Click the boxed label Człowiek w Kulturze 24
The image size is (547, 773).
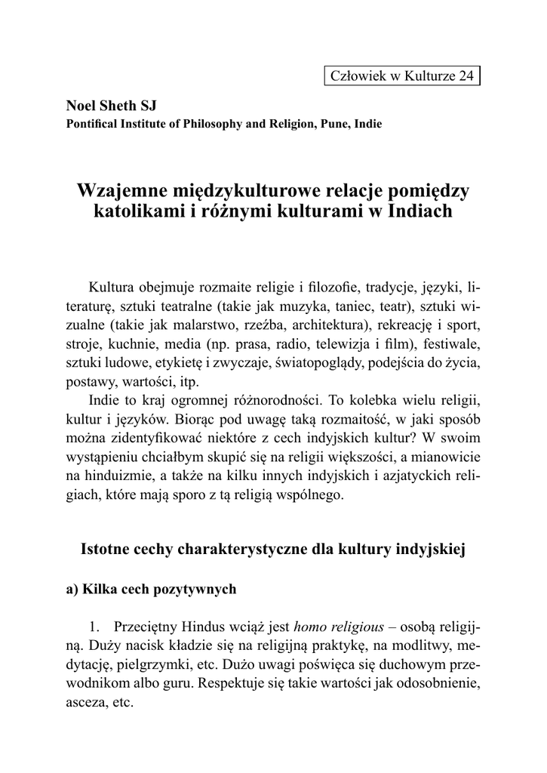tap(403, 76)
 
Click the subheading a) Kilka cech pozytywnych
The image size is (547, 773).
tap(151, 590)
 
